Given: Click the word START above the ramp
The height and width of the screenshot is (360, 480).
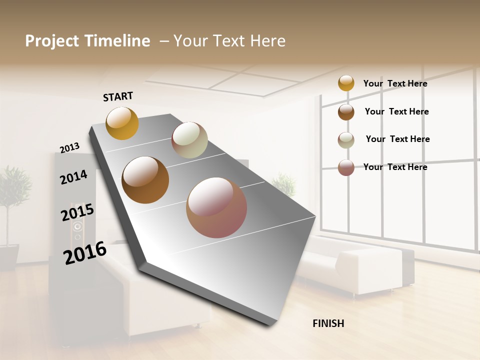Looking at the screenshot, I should pyautogui.click(x=118, y=96).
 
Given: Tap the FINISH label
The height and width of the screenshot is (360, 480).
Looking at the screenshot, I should pyautogui.click(x=328, y=323).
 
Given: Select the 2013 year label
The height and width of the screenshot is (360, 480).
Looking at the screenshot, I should pyautogui.click(x=69, y=148).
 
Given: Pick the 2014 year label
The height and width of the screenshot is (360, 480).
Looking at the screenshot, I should pyautogui.click(x=73, y=177).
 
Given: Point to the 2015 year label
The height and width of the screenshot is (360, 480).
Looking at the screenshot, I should pyautogui.click(x=77, y=212).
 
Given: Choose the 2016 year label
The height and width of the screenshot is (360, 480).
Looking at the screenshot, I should pyautogui.click(x=84, y=253).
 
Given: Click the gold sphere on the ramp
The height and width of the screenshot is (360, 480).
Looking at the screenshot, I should pyautogui.click(x=122, y=123).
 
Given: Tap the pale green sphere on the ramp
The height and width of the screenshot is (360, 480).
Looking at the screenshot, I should pyautogui.click(x=189, y=140).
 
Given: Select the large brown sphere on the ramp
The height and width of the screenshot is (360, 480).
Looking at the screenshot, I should pyautogui.click(x=145, y=180).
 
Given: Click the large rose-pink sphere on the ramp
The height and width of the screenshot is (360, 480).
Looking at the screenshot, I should pyautogui.click(x=216, y=207).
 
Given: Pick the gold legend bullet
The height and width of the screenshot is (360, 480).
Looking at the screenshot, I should pyautogui.click(x=346, y=83).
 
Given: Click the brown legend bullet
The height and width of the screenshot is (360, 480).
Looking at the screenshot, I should pyautogui.click(x=346, y=111).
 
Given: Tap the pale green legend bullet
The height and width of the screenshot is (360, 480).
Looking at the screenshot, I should pyautogui.click(x=346, y=139).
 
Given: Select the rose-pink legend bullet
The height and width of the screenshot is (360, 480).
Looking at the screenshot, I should pyautogui.click(x=346, y=167).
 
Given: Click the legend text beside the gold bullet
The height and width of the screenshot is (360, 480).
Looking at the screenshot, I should pyautogui.click(x=395, y=83).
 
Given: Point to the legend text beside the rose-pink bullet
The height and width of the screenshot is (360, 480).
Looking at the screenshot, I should pyautogui.click(x=395, y=167).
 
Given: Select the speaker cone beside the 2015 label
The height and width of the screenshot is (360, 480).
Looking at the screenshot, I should pyautogui.click(x=77, y=228).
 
